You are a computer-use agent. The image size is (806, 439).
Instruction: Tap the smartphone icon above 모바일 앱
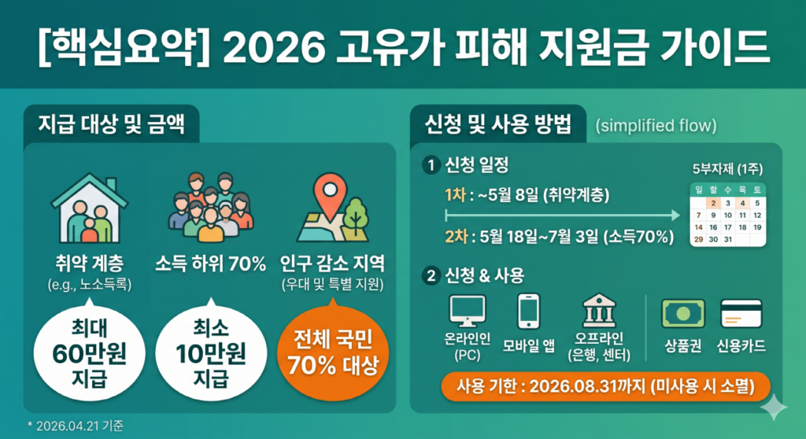click(528, 310)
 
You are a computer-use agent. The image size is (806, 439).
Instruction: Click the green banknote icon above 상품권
click(682, 313)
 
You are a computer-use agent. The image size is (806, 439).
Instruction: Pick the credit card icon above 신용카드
click(741, 313)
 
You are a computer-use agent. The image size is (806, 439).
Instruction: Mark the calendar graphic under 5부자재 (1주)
click(727, 213)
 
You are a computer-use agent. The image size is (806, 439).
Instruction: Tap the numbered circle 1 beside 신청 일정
click(430, 165)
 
